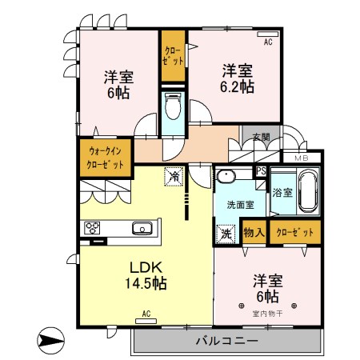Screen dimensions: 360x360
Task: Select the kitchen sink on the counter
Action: (x=142, y=227)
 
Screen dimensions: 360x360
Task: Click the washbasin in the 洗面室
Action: (x=226, y=178)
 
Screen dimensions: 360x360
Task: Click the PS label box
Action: (x=260, y=170)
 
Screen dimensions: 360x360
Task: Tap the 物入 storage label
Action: (x=254, y=233)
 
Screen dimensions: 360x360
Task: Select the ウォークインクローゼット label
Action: (x=106, y=157)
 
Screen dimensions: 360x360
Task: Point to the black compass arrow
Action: (x=50, y=342)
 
